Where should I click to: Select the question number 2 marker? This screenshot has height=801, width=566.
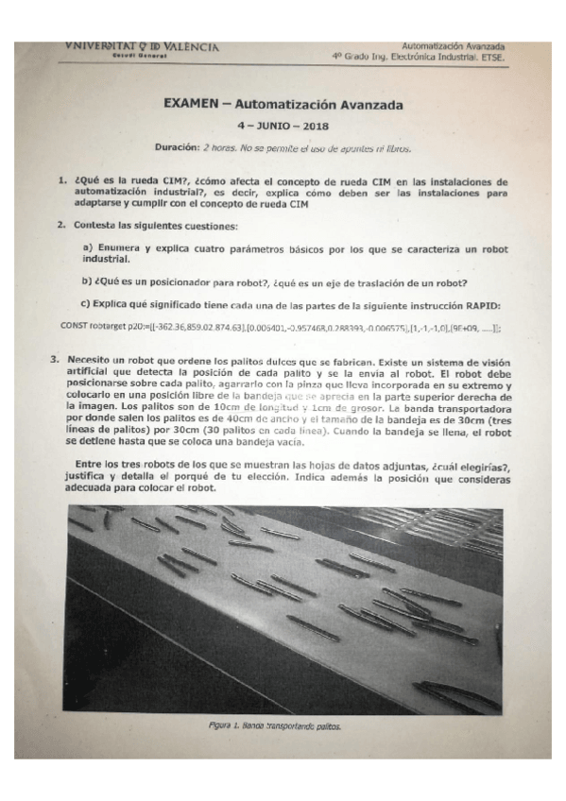[x=60, y=225]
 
